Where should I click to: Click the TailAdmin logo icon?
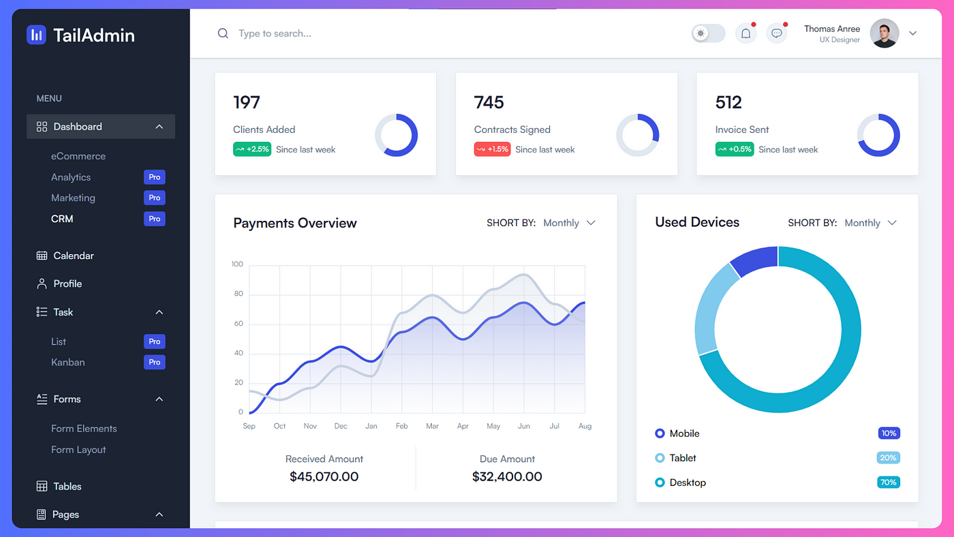[x=36, y=35]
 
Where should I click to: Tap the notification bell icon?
[x=745, y=33]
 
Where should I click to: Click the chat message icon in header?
[x=776, y=33]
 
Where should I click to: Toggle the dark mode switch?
[x=708, y=33]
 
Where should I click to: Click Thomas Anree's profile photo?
[x=884, y=33]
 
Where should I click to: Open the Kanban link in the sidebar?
[x=67, y=362]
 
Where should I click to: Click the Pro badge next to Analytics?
[x=155, y=177]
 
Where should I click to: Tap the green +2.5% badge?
[x=252, y=149]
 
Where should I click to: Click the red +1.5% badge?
[x=492, y=149]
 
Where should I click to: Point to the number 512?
[x=728, y=102]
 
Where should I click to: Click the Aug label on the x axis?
[x=585, y=426]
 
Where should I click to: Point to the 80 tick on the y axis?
[x=238, y=294]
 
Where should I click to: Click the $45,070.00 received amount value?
[x=324, y=476]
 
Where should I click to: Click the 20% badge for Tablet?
[x=888, y=458]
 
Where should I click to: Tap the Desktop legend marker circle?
[x=660, y=482]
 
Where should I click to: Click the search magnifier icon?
[x=223, y=33]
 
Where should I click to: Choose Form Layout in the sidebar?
[x=78, y=450]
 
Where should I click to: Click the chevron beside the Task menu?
[x=159, y=312]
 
